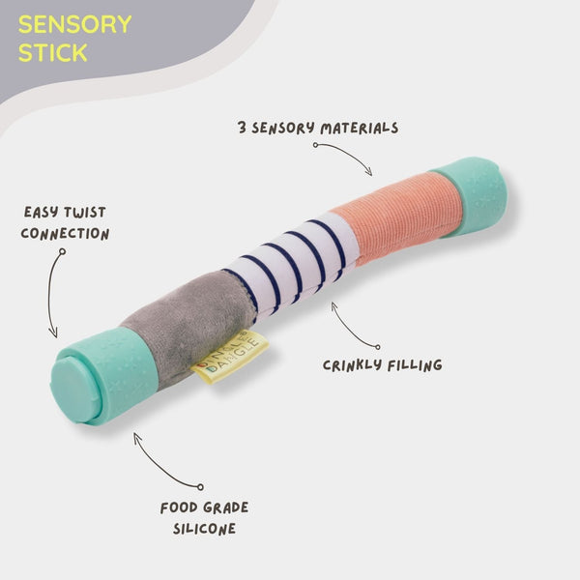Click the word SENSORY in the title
coord(74,23)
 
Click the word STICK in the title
coord(52,51)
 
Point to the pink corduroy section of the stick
coord(396,219)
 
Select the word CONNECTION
coord(65,234)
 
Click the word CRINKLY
coord(350,364)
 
